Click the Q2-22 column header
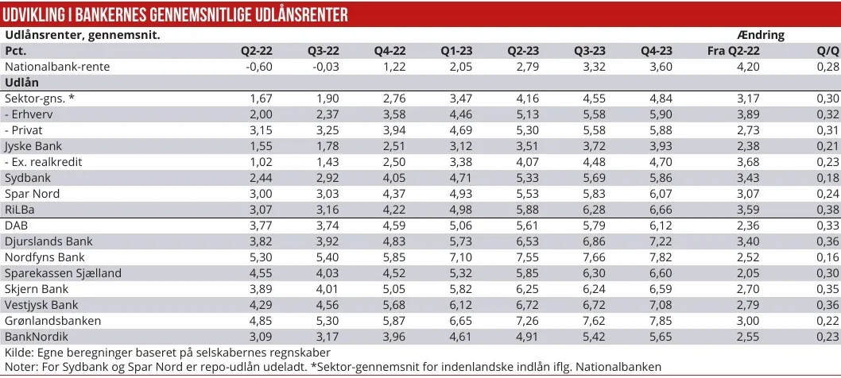pyautogui.click(x=257, y=51)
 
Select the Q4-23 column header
pyautogui.click(x=657, y=51)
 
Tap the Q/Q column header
pyautogui.click(x=828, y=51)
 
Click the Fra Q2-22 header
pyautogui.click(x=734, y=51)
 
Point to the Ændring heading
pyautogui.click(x=761, y=35)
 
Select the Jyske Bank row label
pyautogui.click(x=33, y=146)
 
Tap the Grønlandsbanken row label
pyautogui.click(x=52, y=321)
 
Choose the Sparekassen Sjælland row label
pyautogui.click(x=63, y=273)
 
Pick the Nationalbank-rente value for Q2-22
pyautogui.click(x=259, y=67)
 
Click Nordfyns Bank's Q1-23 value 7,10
pyautogui.click(x=459, y=257)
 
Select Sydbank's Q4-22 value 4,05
pyautogui.click(x=393, y=178)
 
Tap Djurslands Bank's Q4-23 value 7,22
pyautogui.click(x=659, y=241)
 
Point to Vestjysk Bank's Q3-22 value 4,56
pyautogui.click(x=326, y=305)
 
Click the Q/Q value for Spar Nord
pyautogui.click(x=828, y=194)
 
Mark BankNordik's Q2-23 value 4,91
pyautogui.click(x=526, y=337)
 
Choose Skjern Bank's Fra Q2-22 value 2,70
pyautogui.click(x=748, y=289)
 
